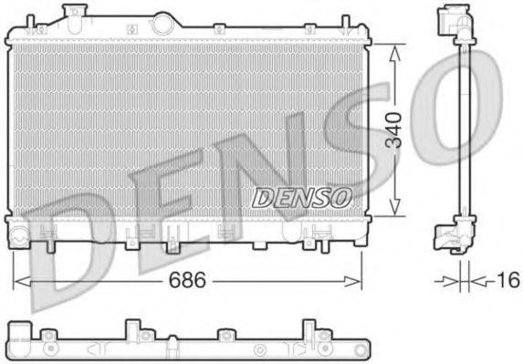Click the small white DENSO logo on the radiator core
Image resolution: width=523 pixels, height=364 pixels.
point(301,195)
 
